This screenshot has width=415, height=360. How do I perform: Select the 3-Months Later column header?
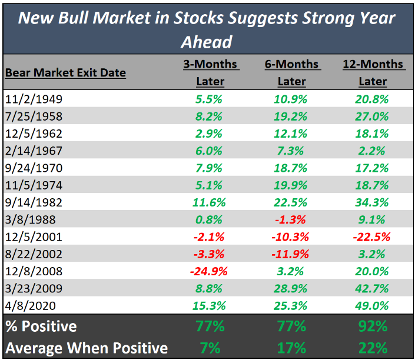[210, 72]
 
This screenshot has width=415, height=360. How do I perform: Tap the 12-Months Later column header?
[373, 72]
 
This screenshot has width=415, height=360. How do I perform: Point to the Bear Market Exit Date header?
[65, 74]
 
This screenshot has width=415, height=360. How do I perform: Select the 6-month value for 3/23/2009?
[291, 288]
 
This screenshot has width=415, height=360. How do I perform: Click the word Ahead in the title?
[207, 42]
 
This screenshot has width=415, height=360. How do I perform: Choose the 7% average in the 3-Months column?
[210, 347]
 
